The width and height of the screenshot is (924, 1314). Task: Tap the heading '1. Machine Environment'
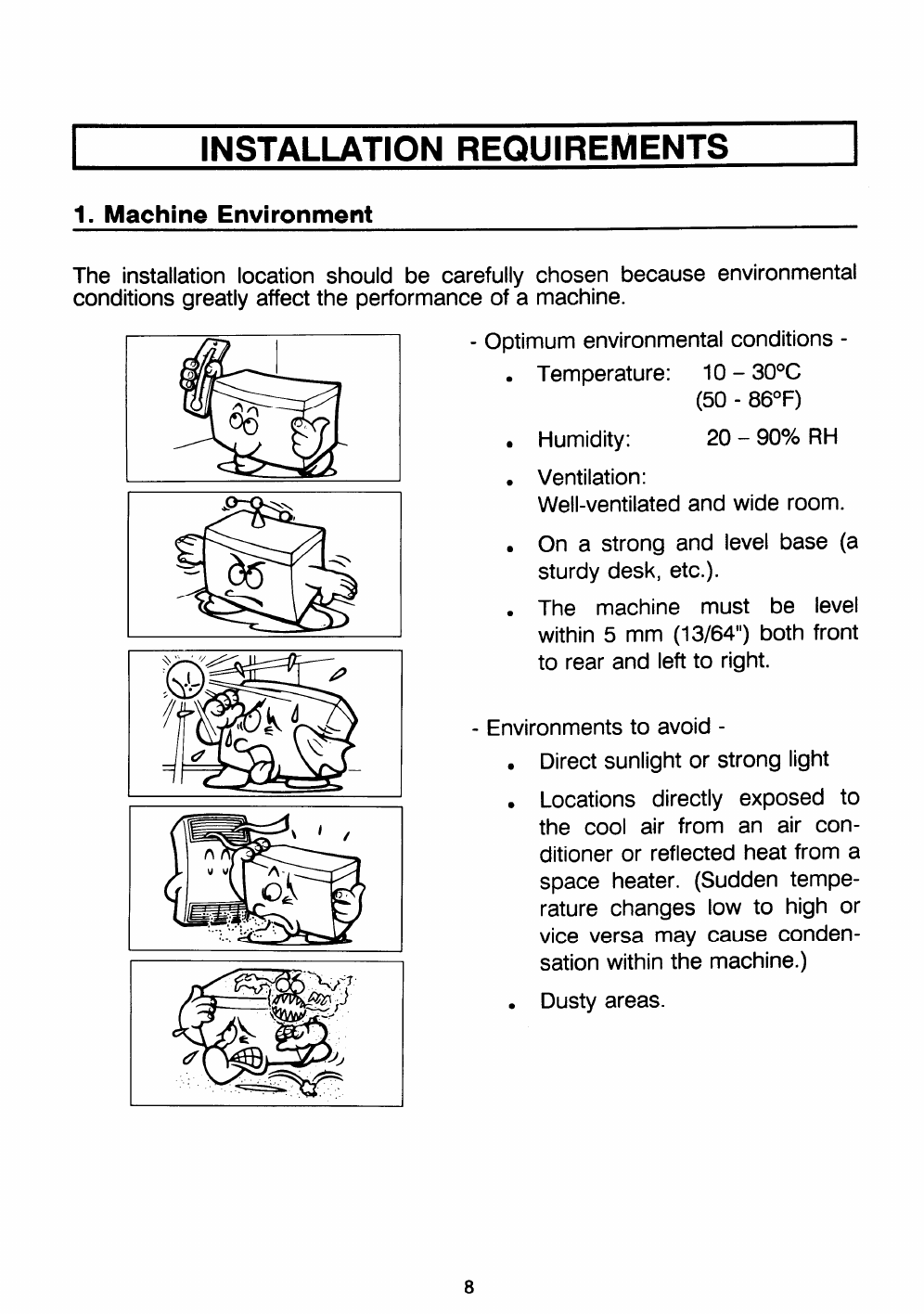pyautogui.click(x=223, y=214)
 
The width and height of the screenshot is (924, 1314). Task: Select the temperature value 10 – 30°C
pyautogui.click(x=751, y=373)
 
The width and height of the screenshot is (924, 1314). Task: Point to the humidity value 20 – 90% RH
pyautogui.click(x=771, y=437)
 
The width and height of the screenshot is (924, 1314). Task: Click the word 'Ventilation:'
pyautogui.click(x=591, y=477)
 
